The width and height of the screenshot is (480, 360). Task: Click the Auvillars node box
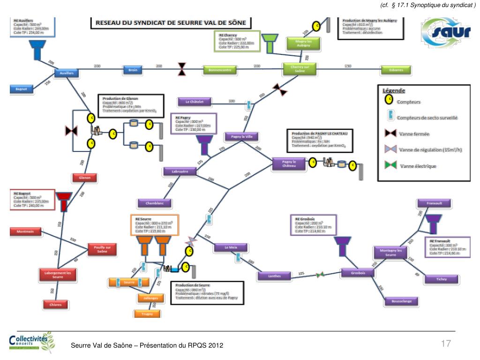pyautogui.click(x=67, y=73)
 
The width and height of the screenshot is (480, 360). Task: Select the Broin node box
pyautogui.click(x=133, y=70)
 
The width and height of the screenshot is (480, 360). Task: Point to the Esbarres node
pyautogui.click(x=396, y=70)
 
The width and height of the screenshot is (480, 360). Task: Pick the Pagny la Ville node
pyautogui.click(x=241, y=136)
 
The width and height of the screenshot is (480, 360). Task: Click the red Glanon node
pyautogui.click(x=84, y=178)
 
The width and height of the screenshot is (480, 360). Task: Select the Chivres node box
pyautogui.click(x=55, y=305)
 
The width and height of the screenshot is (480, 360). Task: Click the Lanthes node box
pyautogui.click(x=275, y=276)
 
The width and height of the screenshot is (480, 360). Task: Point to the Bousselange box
pyautogui.click(x=402, y=301)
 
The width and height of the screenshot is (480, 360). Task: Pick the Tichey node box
pyautogui.click(x=441, y=279)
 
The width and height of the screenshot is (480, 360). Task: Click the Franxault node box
pyautogui.click(x=435, y=203)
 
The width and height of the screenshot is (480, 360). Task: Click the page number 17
pyautogui.click(x=446, y=344)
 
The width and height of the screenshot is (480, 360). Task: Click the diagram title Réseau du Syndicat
pyautogui.click(x=171, y=22)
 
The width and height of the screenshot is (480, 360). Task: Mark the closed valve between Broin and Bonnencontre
pyautogui.click(x=181, y=69)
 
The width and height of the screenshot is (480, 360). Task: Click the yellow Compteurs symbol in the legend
pyautogui.click(x=389, y=100)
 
